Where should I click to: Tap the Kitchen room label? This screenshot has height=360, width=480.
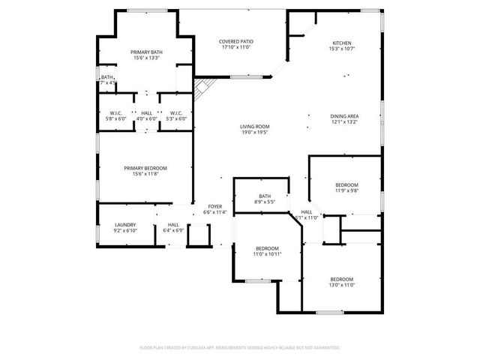pos(342,43)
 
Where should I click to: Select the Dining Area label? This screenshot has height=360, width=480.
pos(344,116)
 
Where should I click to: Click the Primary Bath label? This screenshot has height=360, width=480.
pos(147,52)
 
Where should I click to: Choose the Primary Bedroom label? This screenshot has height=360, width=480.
pos(145,168)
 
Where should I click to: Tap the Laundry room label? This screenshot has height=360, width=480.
pos(124,225)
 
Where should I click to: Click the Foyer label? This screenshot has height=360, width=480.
pos(214,206)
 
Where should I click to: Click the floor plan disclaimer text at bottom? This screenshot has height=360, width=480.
pos(240,348)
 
